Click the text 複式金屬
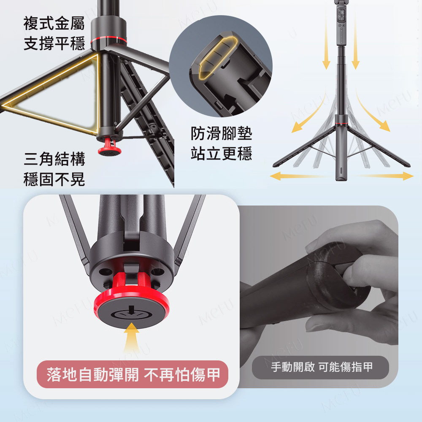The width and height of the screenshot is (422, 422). pos(54,23)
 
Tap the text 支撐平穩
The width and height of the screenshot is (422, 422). pos(54,43)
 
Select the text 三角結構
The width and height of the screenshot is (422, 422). pos(54,159)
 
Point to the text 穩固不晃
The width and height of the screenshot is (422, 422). pos(54,179)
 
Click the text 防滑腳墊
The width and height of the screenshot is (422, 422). pos(221,133)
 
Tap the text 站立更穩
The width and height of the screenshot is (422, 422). pos(221,154)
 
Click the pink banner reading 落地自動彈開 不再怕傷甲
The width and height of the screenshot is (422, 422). pos(133,374)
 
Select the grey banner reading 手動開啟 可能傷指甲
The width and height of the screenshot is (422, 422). pos(320,368)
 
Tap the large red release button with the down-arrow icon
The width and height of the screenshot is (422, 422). pos(132,307)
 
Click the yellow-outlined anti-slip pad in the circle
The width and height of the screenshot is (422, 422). pos(218,58)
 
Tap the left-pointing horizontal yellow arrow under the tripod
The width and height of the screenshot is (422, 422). pos(299,176)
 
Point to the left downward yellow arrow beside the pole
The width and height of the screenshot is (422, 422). pos(326,41)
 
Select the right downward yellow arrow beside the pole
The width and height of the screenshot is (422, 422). pos(355,41)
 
